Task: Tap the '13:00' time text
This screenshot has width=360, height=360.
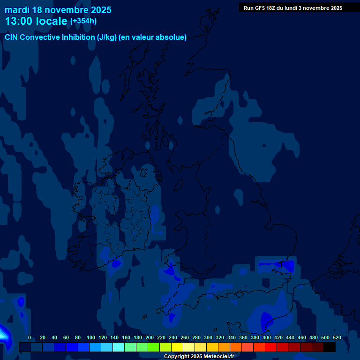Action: tap(20, 21)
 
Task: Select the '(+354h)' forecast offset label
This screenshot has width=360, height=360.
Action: tap(83, 21)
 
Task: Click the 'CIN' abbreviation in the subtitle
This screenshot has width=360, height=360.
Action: tap(12, 37)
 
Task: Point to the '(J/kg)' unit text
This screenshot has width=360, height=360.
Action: tap(107, 37)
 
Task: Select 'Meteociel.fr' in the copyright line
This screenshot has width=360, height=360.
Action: tap(215, 357)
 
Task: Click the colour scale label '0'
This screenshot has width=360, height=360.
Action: tap(30, 338)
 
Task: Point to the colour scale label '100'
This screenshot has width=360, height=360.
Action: tap(90, 338)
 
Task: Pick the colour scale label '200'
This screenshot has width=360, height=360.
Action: tap(150, 338)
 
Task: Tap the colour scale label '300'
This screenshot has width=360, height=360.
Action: tap(208, 338)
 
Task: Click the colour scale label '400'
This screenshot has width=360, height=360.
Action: tap(267, 338)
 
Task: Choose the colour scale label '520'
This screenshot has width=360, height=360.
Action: tap(337, 338)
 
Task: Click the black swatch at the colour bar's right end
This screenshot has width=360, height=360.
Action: tap(330, 347)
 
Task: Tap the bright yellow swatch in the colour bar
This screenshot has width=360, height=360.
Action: tap(177, 347)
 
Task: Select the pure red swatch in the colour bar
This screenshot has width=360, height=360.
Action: tap(271, 347)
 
